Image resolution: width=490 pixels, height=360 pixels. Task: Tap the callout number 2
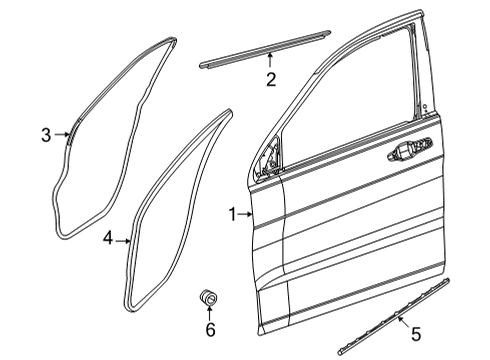(x=270, y=80)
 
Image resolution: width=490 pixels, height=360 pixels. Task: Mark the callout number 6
(x=210, y=328)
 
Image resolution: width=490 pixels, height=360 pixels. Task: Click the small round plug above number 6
(x=210, y=297)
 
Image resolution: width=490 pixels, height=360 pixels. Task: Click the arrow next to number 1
(x=246, y=214)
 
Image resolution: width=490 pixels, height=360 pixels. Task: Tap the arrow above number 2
(x=270, y=64)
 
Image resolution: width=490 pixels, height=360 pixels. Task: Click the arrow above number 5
(x=401, y=320)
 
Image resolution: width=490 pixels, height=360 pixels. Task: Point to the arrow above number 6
(x=210, y=313)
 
